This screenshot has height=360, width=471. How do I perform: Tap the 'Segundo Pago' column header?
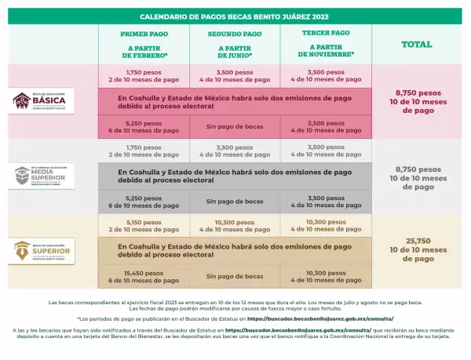click(235, 35)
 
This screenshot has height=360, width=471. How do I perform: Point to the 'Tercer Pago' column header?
click(325, 34)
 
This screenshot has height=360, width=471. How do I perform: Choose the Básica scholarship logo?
click(43, 100)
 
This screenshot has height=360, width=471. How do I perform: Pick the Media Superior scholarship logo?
click(43, 176)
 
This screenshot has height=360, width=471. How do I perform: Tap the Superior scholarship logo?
click(43, 251)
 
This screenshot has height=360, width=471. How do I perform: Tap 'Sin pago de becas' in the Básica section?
click(235, 127)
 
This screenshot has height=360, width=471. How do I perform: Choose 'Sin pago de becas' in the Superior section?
click(235, 276)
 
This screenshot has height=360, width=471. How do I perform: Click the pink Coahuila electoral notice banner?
click(235, 101)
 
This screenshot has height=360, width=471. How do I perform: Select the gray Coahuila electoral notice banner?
click(235, 176)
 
